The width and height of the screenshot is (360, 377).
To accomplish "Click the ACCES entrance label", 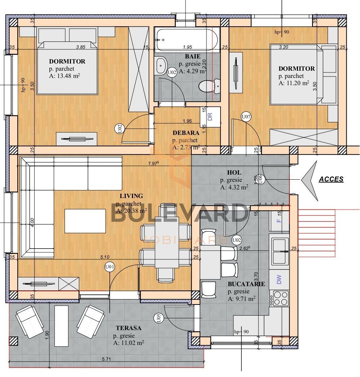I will click(x=331, y=179).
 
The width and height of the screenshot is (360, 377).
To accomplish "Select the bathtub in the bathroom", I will click(x=187, y=40).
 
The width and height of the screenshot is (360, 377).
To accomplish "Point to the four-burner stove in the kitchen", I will click(x=281, y=298).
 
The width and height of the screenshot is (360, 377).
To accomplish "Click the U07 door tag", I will click(x=246, y=117).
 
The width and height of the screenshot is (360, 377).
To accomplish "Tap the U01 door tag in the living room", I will click(x=110, y=267).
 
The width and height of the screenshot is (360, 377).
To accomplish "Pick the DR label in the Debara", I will click(x=210, y=117).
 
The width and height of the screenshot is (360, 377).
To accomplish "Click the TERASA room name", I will click(x=128, y=328).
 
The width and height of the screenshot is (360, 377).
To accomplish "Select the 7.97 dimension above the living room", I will click(x=153, y=164).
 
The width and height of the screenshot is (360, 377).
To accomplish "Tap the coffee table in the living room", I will click(x=85, y=221).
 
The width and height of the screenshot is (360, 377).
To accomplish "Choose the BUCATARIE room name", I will click(x=246, y=284).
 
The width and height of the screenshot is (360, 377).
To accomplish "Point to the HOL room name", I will click(x=234, y=172).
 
